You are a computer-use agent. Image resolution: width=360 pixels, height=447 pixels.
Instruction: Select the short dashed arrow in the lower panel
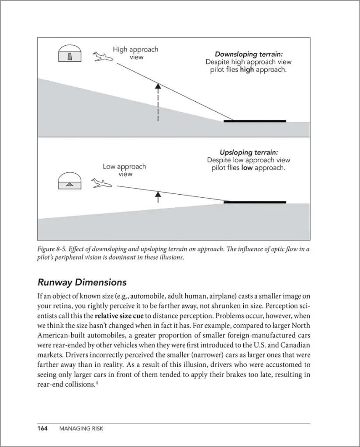(158, 197)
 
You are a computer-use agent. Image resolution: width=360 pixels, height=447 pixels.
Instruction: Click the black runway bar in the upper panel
(255, 121)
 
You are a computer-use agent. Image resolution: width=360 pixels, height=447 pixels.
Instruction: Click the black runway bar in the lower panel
(255, 202)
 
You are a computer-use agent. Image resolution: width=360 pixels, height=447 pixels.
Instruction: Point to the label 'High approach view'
(135, 53)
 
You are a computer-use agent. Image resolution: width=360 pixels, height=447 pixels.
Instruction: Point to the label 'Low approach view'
(125, 170)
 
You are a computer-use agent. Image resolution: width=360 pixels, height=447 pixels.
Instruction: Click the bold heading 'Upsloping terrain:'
(249, 152)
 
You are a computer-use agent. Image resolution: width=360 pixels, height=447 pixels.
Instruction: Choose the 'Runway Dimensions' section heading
(82, 282)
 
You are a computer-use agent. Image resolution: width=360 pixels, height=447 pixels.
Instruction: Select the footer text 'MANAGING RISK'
(81, 429)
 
